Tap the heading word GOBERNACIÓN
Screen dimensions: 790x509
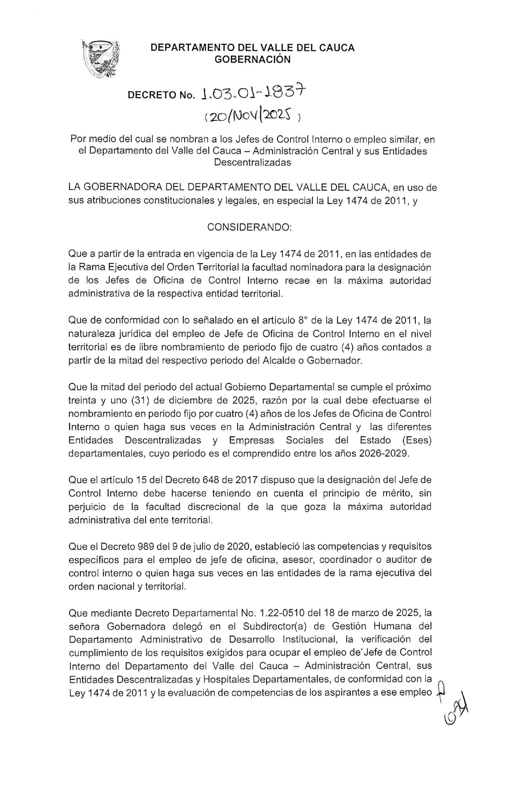click(x=252, y=60)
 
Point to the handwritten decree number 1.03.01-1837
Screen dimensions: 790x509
click(x=254, y=93)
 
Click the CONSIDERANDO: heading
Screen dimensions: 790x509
click(x=249, y=227)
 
